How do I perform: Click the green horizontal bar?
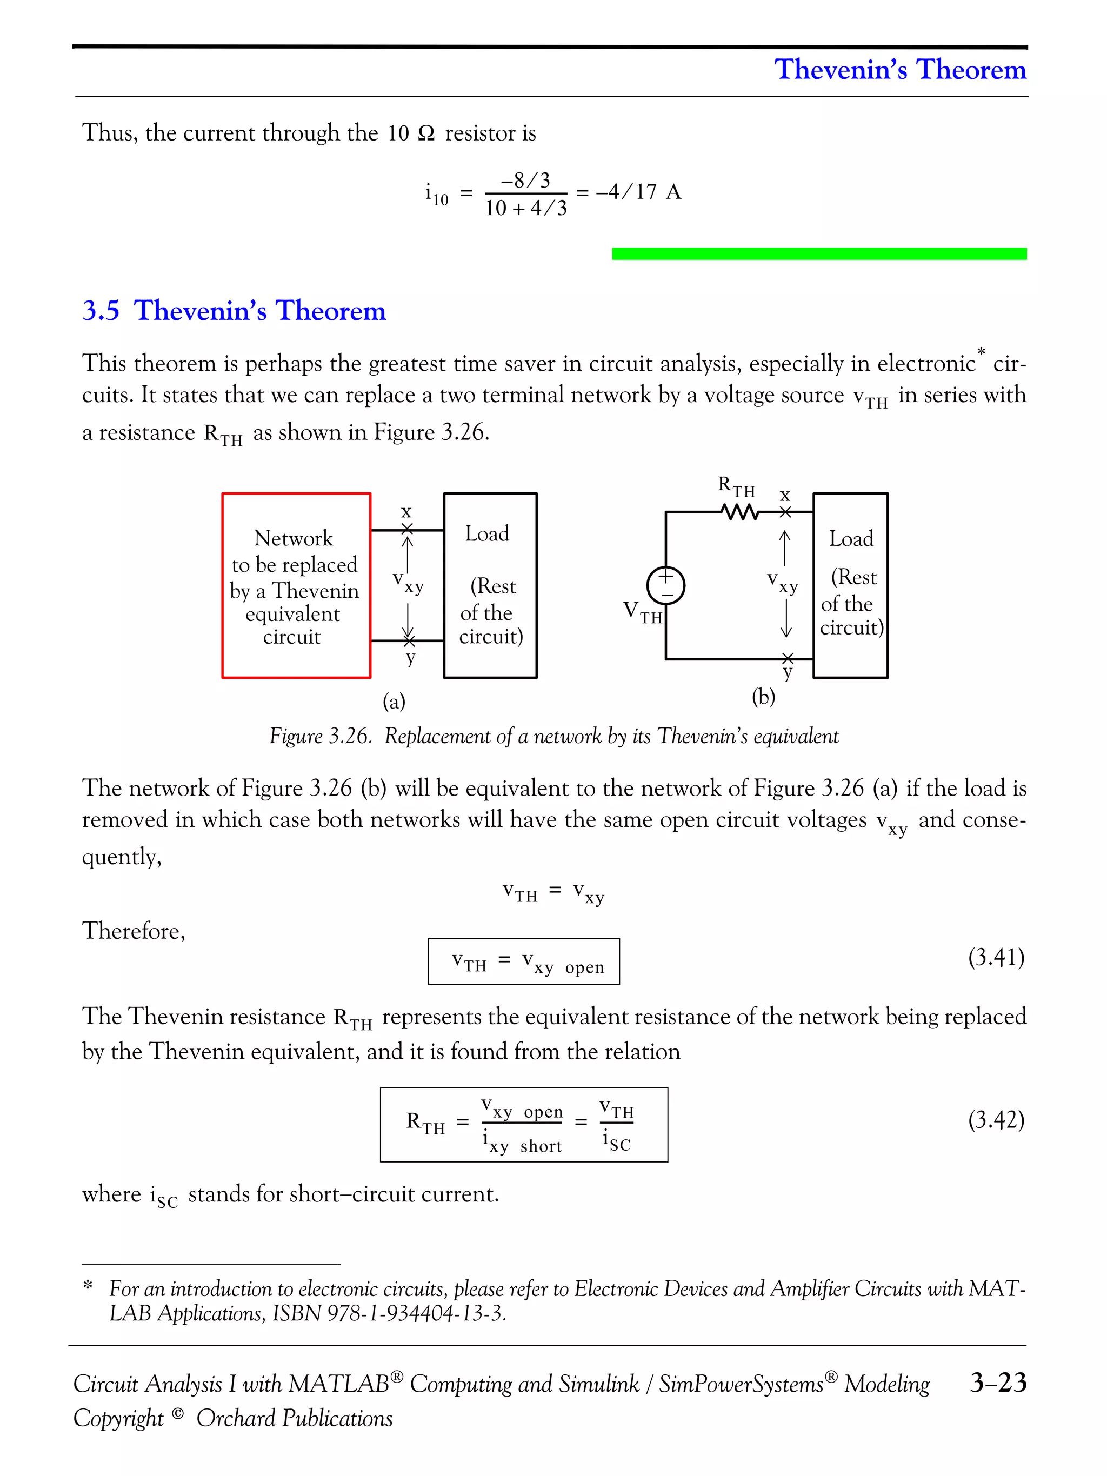click(819, 253)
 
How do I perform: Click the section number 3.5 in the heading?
click(101, 311)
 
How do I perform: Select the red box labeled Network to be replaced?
click(296, 585)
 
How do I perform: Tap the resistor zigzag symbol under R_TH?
click(739, 512)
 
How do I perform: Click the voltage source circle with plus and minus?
click(665, 585)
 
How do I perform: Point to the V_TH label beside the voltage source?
click(642, 612)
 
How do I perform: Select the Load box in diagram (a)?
click(490, 585)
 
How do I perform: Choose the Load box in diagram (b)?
click(850, 585)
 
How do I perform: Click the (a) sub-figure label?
click(394, 702)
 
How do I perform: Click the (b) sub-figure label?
click(763, 697)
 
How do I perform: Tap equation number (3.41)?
click(996, 958)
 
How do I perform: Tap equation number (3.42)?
click(996, 1120)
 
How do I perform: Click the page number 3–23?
click(998, 1383)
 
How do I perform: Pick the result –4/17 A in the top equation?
click(638, 192)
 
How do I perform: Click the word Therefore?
click(134, 931)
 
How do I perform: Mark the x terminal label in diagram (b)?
click(785, 496)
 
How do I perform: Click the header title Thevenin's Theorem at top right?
click(899, 69)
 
